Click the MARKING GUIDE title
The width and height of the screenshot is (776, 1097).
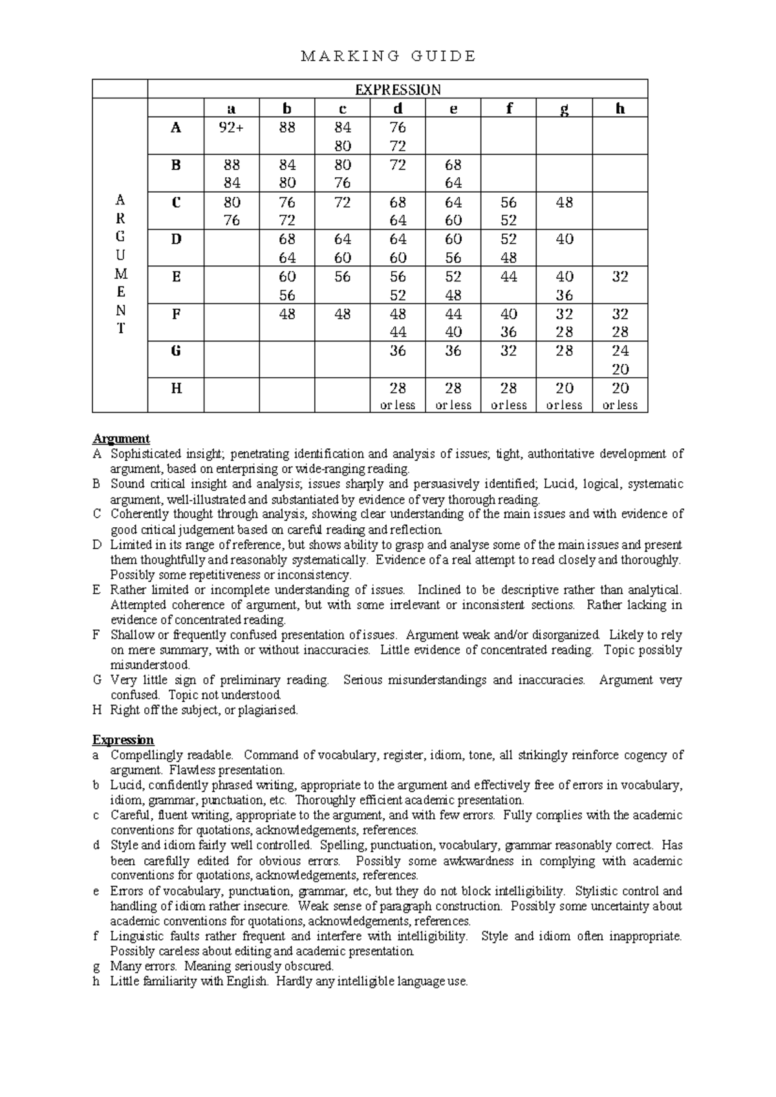[389, 56]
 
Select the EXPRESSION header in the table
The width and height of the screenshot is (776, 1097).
[398, 89]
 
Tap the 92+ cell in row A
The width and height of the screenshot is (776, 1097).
[232, 127]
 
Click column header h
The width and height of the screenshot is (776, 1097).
[620, 109]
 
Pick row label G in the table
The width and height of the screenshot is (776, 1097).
[176, 351]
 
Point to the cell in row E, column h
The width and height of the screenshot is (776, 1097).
[620, 277]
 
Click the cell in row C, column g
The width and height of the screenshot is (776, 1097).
[564, 202]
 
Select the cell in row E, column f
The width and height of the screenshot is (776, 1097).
[508, 277]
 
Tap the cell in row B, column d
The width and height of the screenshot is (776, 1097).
[398, 165]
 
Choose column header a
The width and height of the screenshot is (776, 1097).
[232, 109]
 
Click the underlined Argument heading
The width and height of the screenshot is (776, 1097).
[121, 439]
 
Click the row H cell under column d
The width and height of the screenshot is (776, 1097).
[398, 395]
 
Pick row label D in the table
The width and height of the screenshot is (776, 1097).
[176, 239]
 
